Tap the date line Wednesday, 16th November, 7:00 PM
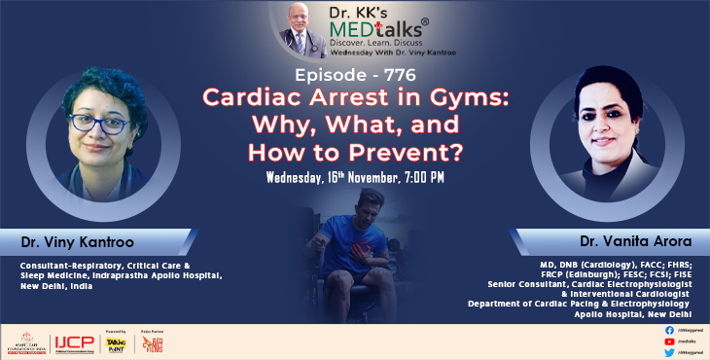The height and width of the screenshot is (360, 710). pyautogui.click(x=356, y=177)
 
